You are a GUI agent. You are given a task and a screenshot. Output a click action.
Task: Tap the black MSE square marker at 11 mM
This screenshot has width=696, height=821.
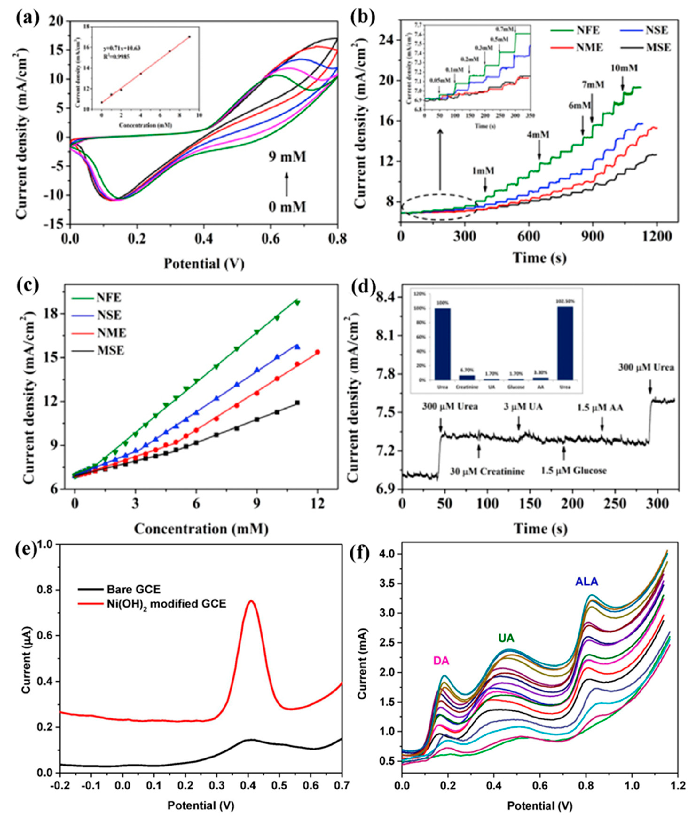point(298,403)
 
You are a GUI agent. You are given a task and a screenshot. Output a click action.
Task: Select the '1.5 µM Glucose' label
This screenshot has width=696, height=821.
point(574,470)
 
